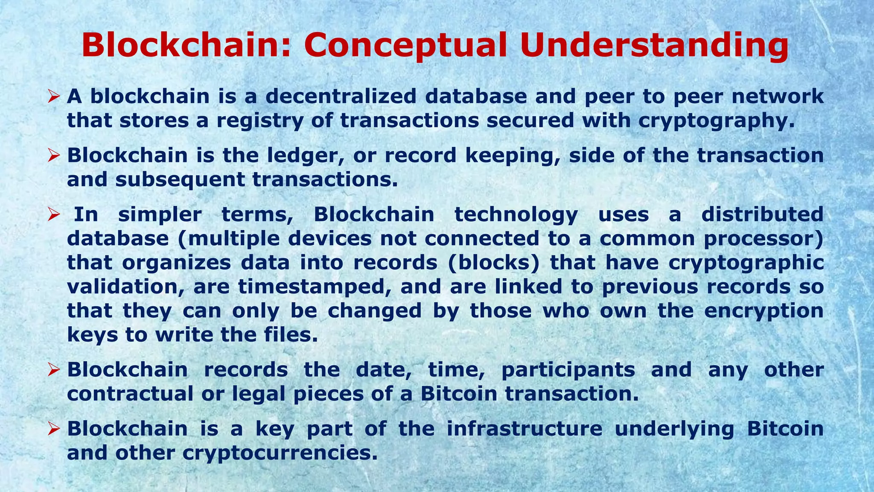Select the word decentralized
(341, 96)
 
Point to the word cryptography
(717, 121)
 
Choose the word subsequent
(180, 180)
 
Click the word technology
(516, 214)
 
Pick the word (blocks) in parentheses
(494, 262)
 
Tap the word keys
(92, 335)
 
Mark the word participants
(568, 369)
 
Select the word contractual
(130, 393)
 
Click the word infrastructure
(524, 428)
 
